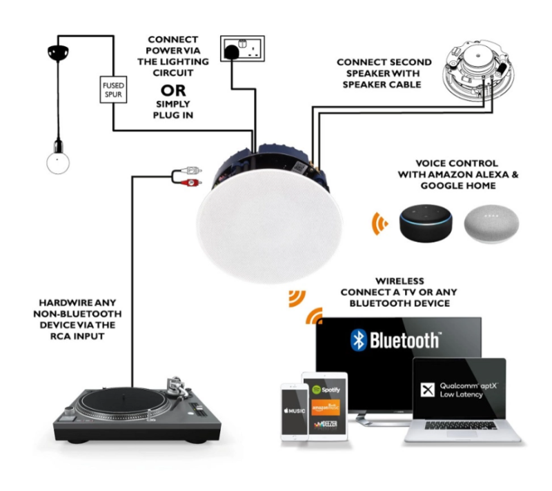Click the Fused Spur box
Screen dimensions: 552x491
[113, 90]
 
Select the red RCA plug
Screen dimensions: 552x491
[190, 182]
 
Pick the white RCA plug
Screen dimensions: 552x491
[191, 170]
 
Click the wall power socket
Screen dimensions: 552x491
[243, 48]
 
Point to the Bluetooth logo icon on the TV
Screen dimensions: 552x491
[359, 340]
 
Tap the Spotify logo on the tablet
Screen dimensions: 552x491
[326, 390]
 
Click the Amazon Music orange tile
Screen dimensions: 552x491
[326, 407]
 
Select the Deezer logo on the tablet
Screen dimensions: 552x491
[326, 424]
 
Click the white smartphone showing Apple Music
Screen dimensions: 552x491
[295, 412]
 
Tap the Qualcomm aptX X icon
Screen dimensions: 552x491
[427, 390]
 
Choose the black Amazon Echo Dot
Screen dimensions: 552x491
[426, 223]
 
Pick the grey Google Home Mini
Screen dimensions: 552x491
[491, 224]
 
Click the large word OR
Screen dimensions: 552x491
[173, 90]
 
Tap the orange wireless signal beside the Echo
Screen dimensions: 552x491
[380, 223]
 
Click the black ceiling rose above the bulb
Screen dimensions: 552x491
[58, 52]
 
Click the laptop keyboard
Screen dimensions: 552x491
[460, 425]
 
